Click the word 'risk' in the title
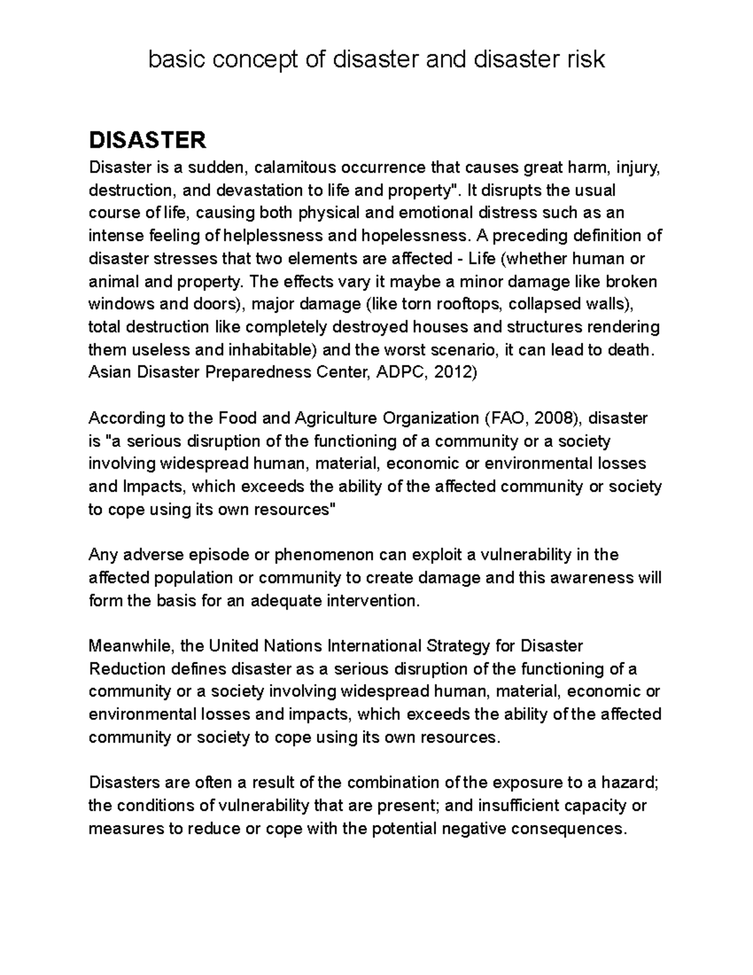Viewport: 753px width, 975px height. coord(585,60)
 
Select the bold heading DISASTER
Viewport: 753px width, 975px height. coord(147,140)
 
